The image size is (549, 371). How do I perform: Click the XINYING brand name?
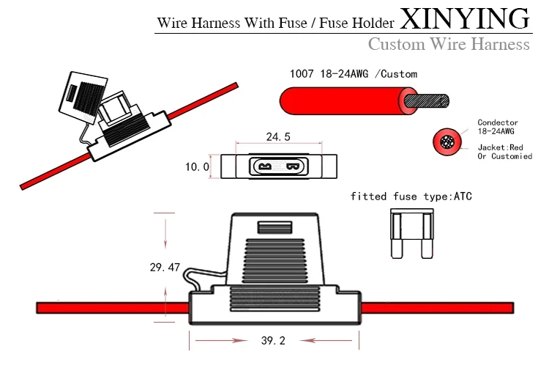(465, 18)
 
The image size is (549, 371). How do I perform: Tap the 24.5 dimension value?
(278, 137)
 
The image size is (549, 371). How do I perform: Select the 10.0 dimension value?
(197, 167)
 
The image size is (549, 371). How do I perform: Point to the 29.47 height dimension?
(165, 268)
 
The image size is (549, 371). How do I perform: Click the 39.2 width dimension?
(273, 340)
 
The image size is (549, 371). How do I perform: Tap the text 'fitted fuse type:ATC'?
(411, 196)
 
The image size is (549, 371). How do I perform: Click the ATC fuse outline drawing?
(411, 234)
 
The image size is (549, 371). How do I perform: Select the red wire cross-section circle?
(447, 142)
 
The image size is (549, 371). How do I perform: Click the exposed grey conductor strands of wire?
(427, 101)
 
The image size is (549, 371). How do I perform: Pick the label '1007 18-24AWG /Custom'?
(354, 74)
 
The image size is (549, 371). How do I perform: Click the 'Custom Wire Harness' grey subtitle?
(449, 44)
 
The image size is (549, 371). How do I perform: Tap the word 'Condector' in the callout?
(498, 122)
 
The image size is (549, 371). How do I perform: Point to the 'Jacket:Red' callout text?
(501, 147)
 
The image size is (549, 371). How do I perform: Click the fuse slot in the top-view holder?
(279, 166)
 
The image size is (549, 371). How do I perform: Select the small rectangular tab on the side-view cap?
(274, 227)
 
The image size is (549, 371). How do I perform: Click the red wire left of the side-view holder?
(113, 308)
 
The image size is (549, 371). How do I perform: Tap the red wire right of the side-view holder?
(437, 308)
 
